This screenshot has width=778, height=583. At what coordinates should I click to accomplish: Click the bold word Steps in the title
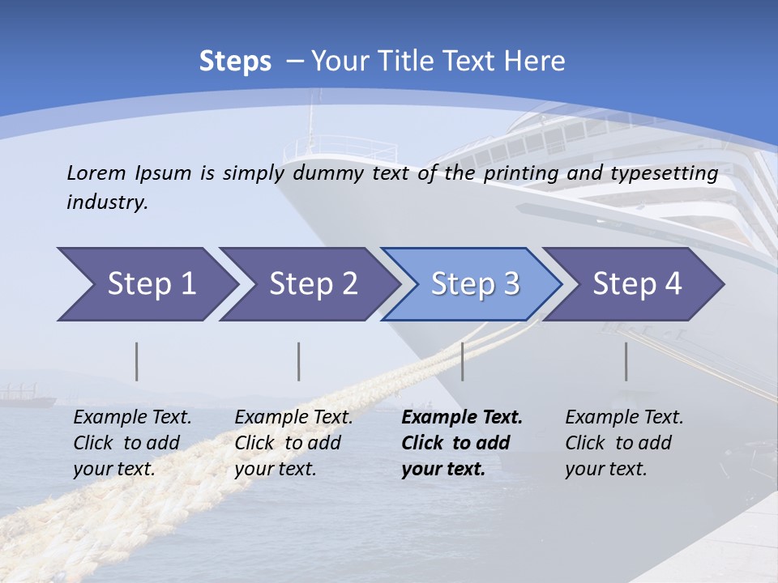pyautogui.click(x=235, y=62)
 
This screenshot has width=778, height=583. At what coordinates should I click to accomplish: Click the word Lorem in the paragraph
pyautogui.click(x=96, y=172)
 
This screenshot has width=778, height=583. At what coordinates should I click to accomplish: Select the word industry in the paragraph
pyautogui.click(x=107, y=202)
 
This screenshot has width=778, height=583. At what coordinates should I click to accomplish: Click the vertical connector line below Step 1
pyautogui.click(x=137, y=361)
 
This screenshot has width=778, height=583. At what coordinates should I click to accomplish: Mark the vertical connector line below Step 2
pyautogui.click(x=299, y=361)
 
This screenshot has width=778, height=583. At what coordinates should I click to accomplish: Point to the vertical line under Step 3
pyautogui.click(x=462, y=361)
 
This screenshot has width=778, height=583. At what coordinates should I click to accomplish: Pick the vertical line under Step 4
pyautogui.click(x=626, y=361)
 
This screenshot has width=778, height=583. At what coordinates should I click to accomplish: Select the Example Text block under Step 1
pyautogui.click(x=132, y=443)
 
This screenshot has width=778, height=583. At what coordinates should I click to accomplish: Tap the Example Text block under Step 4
pyautogui.click(x=624, y=443)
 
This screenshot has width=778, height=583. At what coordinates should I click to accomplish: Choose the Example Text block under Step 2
pyautogui.click(x=293, y=443)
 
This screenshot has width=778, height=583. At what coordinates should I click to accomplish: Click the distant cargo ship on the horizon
pyautogui.click(x=27, y=398)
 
